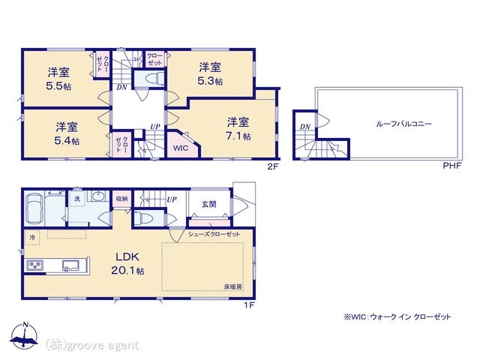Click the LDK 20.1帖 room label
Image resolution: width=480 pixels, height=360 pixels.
click(127, 263)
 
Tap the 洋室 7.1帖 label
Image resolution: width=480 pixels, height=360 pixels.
click(238, 129)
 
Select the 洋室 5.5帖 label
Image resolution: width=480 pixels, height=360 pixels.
click(58, 79)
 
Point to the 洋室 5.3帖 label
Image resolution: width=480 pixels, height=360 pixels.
click(210, 73)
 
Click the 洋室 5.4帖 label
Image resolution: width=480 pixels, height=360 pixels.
click(67, 133)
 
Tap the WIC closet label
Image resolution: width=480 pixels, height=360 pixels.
click(181, 148)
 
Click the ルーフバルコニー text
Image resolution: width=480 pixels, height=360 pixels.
click(403, 124)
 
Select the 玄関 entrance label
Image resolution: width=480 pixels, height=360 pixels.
click(209, 204)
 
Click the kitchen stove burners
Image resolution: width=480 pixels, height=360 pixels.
click(35, 265)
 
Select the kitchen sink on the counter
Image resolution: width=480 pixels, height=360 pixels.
click(70, 265)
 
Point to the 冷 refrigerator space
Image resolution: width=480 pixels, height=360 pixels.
click(32, 237)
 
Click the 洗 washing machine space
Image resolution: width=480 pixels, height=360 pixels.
click(77, 199)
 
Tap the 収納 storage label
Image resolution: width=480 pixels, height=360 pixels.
click(121, 199)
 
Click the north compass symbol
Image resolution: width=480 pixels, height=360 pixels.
click(24, 335)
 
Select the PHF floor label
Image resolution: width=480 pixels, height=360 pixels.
click(452, 166)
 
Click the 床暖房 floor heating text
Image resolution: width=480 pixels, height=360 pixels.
click(233, 286)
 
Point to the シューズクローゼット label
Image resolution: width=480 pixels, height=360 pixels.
click(214, 234)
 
